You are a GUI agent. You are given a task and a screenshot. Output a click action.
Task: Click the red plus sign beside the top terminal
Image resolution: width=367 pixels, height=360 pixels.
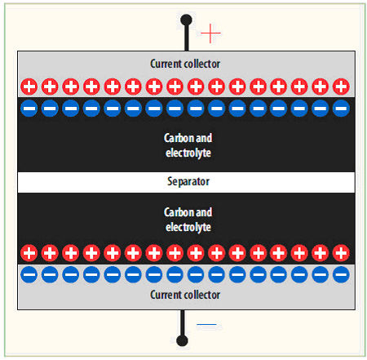point(210,33)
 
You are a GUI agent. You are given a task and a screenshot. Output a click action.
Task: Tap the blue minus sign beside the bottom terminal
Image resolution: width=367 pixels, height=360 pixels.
point(206,324)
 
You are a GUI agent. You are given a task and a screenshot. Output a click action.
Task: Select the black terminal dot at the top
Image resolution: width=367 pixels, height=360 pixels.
point(186,20)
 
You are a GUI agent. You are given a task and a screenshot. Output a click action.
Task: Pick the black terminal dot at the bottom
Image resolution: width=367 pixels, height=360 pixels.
point(182,340)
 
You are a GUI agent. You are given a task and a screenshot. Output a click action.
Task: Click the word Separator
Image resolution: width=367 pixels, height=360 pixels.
point(188,181)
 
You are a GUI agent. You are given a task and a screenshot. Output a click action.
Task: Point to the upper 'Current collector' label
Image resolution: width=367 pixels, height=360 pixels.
point(185,64)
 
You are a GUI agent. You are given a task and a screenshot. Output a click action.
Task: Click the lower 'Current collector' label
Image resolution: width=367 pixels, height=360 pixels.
point(185,295)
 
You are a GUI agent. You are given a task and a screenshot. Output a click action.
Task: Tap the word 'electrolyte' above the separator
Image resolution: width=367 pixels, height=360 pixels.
point(188,153)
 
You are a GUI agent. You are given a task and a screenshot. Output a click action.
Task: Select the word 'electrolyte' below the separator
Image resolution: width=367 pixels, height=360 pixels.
point(188,227)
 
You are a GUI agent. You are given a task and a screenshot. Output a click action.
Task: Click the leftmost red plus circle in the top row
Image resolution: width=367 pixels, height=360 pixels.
point(29,87)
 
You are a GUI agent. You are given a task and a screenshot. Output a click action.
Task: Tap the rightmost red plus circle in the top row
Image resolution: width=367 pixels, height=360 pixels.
point(341,87)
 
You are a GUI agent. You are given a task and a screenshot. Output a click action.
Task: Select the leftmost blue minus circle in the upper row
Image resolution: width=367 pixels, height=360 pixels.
point(29,108)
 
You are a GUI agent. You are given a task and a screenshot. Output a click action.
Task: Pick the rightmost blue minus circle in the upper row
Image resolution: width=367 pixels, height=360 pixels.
point(341,108)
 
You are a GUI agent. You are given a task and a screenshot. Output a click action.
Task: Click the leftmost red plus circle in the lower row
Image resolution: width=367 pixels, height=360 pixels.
point(29,253)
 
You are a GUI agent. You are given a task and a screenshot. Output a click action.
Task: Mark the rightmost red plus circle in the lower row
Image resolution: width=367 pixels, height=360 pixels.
point(341,253)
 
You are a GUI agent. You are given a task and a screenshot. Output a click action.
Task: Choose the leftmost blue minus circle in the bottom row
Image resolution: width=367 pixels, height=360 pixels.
point(29,274)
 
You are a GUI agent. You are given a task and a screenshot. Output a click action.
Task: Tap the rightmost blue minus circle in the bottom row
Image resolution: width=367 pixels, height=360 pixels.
point(341,274)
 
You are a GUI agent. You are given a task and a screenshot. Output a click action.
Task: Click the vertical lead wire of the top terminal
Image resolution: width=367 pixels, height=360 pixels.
point(187,38)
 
